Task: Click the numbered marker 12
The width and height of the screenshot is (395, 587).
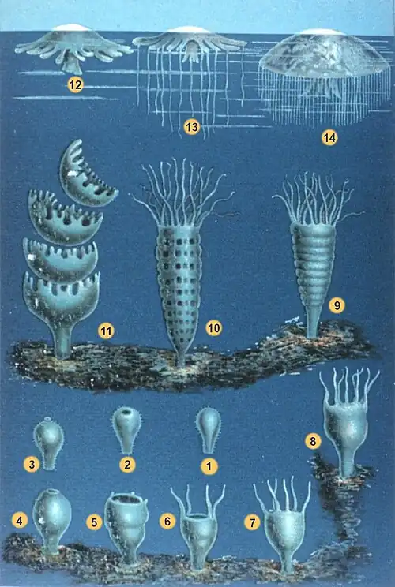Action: [76, 86]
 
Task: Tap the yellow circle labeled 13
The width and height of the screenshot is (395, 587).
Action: [191, 126]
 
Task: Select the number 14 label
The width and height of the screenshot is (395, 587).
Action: [329, 138]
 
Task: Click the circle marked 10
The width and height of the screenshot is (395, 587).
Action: [213, 328]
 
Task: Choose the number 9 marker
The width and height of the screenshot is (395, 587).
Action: [337, 305]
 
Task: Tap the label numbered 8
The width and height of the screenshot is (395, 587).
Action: [314, 442]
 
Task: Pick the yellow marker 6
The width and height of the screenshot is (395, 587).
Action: [166, 522]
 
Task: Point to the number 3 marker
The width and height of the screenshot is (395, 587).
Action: [32, 464]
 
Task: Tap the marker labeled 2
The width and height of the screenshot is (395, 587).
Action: [126, 464]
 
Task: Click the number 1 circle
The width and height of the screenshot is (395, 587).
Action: [209, 465]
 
